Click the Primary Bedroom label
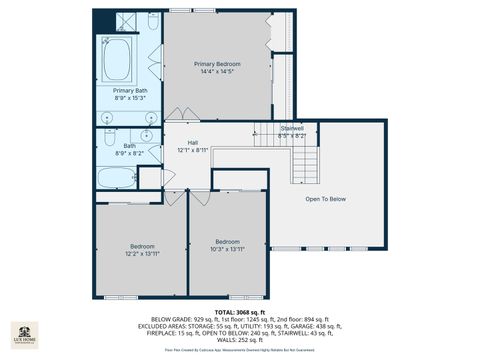(218, 63)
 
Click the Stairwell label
(292, 128)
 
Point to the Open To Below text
(326, 199)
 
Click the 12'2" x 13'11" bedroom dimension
(142, 254)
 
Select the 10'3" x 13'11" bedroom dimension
(228, 249)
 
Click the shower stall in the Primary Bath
(125, 21)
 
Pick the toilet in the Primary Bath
(152, 22)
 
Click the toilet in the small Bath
(149, 179)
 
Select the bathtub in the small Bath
(116, 179)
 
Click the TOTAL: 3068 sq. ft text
(239, 313)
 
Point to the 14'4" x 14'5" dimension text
(218, 71)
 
